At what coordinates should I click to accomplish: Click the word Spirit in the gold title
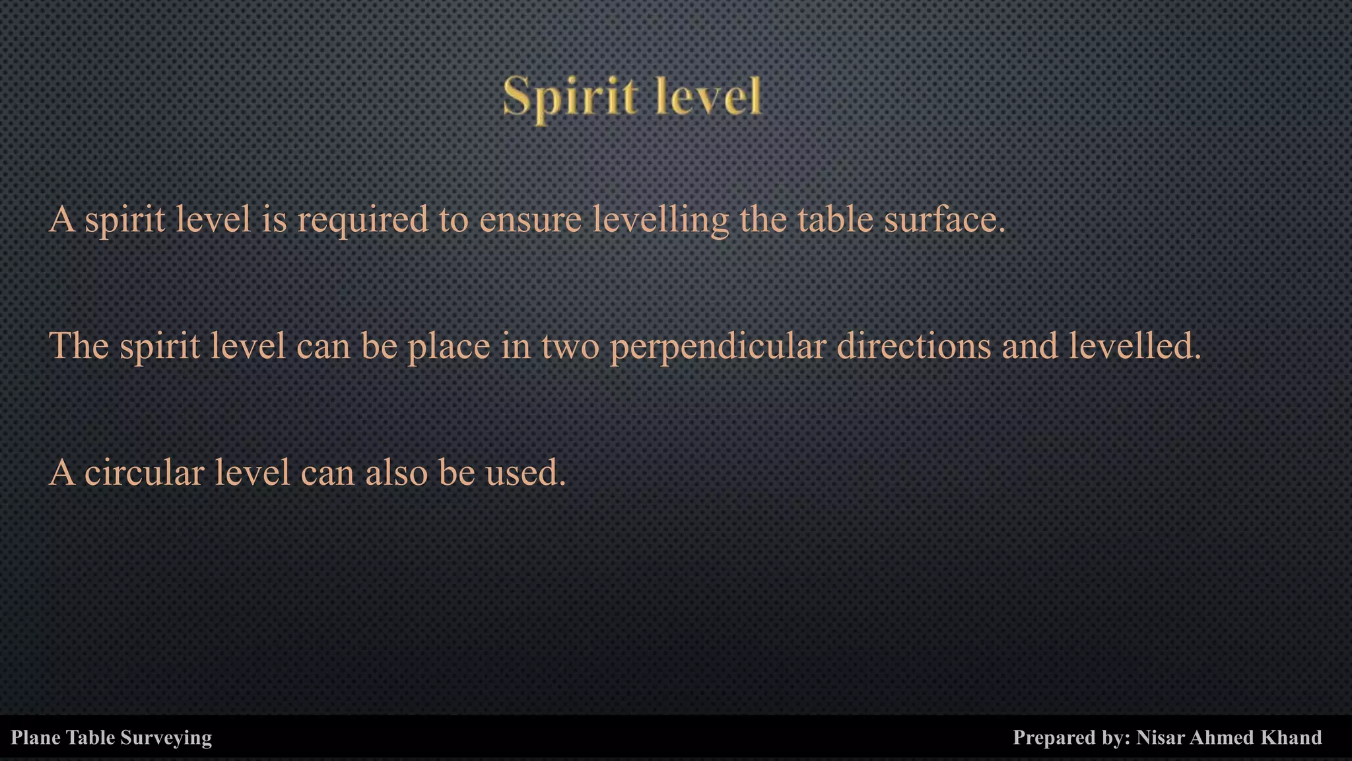point(570,98)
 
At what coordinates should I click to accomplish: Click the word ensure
point(530,220)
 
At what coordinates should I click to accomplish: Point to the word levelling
point(660,220)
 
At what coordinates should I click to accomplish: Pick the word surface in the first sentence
point(944,220)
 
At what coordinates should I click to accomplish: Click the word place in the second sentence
point(449,347)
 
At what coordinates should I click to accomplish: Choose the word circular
point(144,473)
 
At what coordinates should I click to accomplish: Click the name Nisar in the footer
point(1160,737)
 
